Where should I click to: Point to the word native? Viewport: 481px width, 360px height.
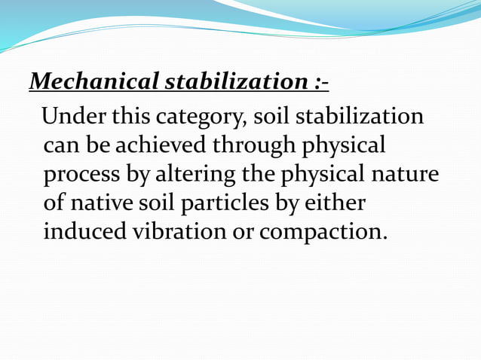click(111, 203)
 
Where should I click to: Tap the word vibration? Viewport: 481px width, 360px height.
click(188, 230)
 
